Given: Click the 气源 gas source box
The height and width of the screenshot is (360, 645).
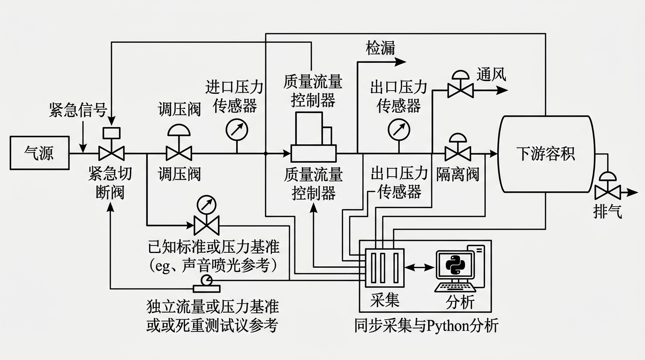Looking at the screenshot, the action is tap(40, 153).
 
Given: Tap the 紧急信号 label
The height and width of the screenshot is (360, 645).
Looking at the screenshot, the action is tap(78, 110).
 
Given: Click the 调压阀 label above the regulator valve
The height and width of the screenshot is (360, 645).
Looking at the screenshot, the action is tap(179, 110).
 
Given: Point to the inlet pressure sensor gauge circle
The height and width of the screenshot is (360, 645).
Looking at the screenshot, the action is tap(237, 129).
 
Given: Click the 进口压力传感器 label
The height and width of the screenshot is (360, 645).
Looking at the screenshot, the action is tap(234, 97).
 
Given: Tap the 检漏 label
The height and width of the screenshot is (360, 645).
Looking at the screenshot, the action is tap(380, 48).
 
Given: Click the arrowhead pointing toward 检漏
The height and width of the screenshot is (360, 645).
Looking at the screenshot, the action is tap(400, 61).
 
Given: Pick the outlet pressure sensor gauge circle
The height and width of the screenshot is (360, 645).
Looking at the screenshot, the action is tap(399, 129).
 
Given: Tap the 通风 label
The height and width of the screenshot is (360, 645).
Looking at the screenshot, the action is tap(491, 75).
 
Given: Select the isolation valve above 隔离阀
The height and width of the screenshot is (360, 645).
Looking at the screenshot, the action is tap(458, 147).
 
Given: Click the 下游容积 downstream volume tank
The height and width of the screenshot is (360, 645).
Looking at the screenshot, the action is tap(546, 154).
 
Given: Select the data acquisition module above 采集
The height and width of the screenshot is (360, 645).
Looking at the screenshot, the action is tap(385, 268).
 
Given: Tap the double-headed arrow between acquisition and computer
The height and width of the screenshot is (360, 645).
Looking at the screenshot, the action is tap(419, 268).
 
